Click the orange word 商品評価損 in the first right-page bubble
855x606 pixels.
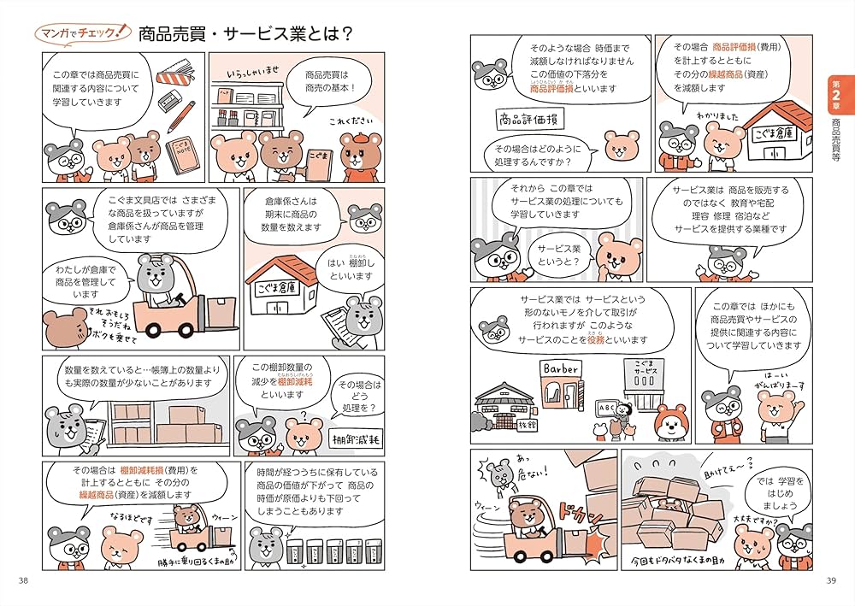click(555, 88)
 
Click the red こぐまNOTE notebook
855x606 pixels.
click(182, 156)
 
